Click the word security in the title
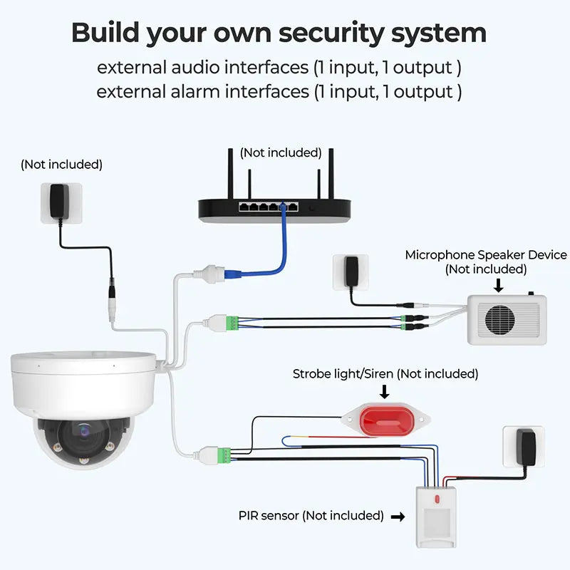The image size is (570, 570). tap(331, 33)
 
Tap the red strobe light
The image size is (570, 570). tap(386, 420)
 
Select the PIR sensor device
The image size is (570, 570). tap(436, 517)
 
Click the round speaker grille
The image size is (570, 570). tap(500, 320)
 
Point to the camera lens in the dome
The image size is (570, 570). tap(84, 432)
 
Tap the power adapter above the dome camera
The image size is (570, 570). tap(60, 202)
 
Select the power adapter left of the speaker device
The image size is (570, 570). tap(351, 271)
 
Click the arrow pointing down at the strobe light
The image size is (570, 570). tap(384, 392)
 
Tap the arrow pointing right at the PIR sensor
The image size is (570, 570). tap(398, 517)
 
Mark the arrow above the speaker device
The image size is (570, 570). tap(498, 286)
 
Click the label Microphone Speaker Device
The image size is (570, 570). tap(486, 255)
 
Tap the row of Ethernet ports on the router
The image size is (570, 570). tap(269, 207)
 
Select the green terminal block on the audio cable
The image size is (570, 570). tap(232, 323)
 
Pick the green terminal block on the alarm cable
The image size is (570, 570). tap(224, 455)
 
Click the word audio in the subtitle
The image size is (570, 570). tap(195, 68)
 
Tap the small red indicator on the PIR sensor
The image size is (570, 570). tap(437, 499)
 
